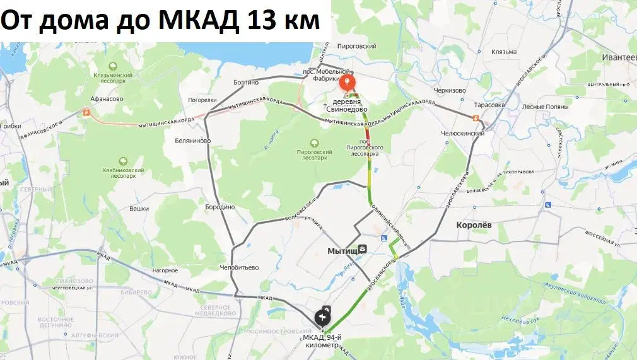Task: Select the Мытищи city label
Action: [x=343, y=251]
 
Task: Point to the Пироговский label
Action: [x=356, y=46]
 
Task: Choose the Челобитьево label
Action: [x=239, y=267]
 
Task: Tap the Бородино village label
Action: [x=220, y=207]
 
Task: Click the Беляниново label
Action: [x=192, y=141]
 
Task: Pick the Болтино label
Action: [x=246, y=82]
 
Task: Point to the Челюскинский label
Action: [x=462, y=133]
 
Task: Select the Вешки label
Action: [x=139, y=208]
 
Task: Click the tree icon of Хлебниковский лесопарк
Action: [x=120, y=161]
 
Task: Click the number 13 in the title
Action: [x=266, y=21]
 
